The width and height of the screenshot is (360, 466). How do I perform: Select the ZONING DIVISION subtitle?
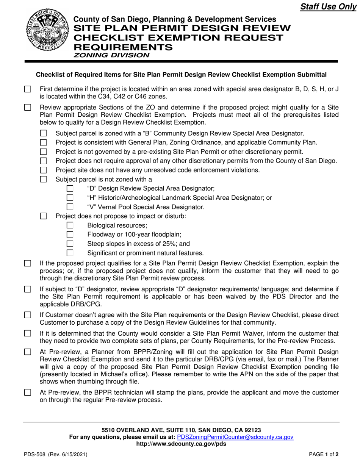coord(111,55)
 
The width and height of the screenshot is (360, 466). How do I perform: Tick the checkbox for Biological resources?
coord(70,226)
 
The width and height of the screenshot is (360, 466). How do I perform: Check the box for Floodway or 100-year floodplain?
coord(70,235)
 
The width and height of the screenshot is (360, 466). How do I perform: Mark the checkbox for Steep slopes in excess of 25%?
coord(70,244)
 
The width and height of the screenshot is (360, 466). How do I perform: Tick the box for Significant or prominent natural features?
coord(70,253)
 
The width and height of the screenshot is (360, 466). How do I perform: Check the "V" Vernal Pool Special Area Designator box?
coord(70,207)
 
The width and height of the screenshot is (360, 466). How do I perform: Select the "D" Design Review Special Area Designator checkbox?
coord(70,188)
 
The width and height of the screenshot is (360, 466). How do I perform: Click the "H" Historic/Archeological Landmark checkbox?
coord(70,198)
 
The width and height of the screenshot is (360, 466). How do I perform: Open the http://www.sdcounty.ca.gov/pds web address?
coord(181,444)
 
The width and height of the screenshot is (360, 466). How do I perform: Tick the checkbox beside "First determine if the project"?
coord(28,89)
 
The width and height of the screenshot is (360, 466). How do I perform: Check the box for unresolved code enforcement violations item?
coord(44,170)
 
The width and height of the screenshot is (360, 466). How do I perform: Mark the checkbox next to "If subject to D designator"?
coord(28,289)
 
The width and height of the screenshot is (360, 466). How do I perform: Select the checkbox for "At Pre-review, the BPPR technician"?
coord(28,393)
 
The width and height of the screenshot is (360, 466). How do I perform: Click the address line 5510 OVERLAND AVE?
coord(181,430)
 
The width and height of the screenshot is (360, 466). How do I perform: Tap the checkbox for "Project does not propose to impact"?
coord(44,216)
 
